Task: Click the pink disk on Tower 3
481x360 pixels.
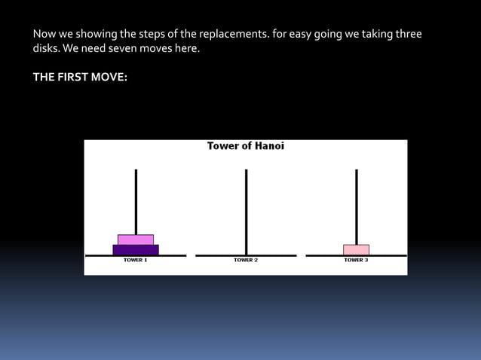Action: tap(356, 249)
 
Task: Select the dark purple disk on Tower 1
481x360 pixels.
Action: tap(136, 249)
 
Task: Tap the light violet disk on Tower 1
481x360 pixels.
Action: tap(136, 239)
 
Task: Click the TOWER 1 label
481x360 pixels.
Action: tap(136, 260)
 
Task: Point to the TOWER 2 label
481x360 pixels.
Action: tap(246, 260)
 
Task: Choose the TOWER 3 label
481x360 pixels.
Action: tap(356, 260)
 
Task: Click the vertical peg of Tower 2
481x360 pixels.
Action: tap(246, 211)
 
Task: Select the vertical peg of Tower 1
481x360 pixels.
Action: tap(136, 200)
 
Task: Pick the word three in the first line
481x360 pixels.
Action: tap(407, 35)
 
